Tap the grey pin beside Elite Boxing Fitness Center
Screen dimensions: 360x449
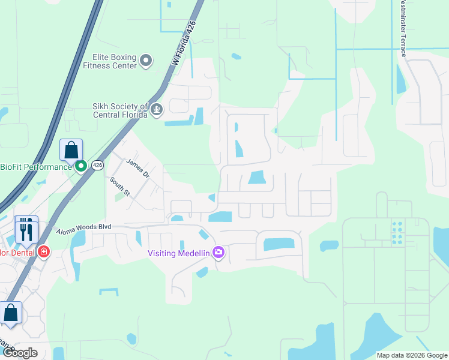146,61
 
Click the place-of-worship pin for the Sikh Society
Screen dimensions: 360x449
157,110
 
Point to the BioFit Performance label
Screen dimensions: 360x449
36,167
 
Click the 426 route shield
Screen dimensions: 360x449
98,166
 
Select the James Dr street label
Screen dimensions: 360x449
137,169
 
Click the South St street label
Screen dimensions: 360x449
119,186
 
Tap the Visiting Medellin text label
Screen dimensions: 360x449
179,253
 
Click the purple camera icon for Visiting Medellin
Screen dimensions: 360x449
218,253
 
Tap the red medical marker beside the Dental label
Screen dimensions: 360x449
43,251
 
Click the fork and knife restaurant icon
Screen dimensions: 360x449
26,229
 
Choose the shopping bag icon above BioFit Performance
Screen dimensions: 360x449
71,151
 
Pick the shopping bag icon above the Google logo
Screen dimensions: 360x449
10,313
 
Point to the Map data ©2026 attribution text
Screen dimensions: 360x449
412,355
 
